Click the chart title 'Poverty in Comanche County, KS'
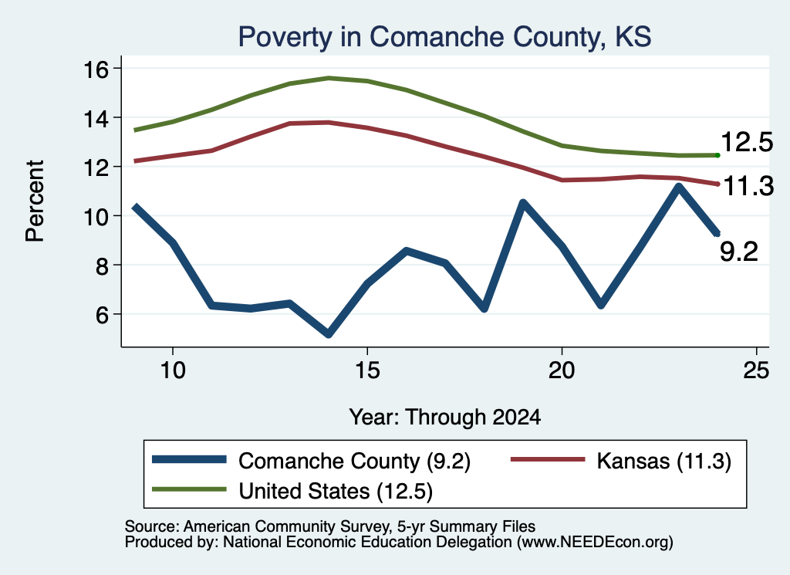444,37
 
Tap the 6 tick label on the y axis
103,315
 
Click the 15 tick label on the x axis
367,371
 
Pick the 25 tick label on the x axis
756,371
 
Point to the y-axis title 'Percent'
35,201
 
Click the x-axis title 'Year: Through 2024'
445,418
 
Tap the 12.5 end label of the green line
747,142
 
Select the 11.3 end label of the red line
748,187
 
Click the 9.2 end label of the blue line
738,252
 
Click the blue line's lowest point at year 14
329,333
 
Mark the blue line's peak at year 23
679,188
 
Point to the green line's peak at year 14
329,78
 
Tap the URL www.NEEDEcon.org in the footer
595,543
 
